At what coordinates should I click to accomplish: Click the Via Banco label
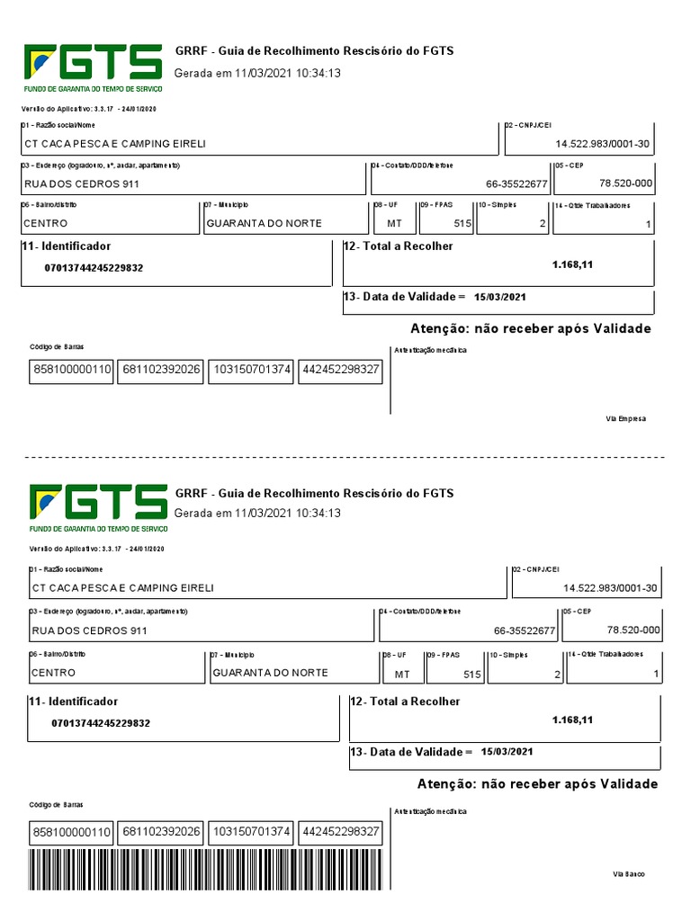pos(629,873)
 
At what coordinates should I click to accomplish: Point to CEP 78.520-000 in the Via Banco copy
pos(633,630)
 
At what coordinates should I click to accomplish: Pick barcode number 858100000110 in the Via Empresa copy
pos(72,369)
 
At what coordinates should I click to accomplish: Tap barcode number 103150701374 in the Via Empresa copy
pos(251,369)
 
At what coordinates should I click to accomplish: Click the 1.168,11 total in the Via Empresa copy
pos(573,264)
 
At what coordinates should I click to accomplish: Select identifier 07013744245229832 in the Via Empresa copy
pos(94,268)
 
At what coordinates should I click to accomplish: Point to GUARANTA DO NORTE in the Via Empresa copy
pos(263,223)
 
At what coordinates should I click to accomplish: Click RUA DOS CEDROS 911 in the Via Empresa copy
pos(81,183)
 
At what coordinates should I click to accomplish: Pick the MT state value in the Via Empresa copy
pos(394,223)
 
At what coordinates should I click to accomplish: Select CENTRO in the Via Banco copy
pos(54,673)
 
